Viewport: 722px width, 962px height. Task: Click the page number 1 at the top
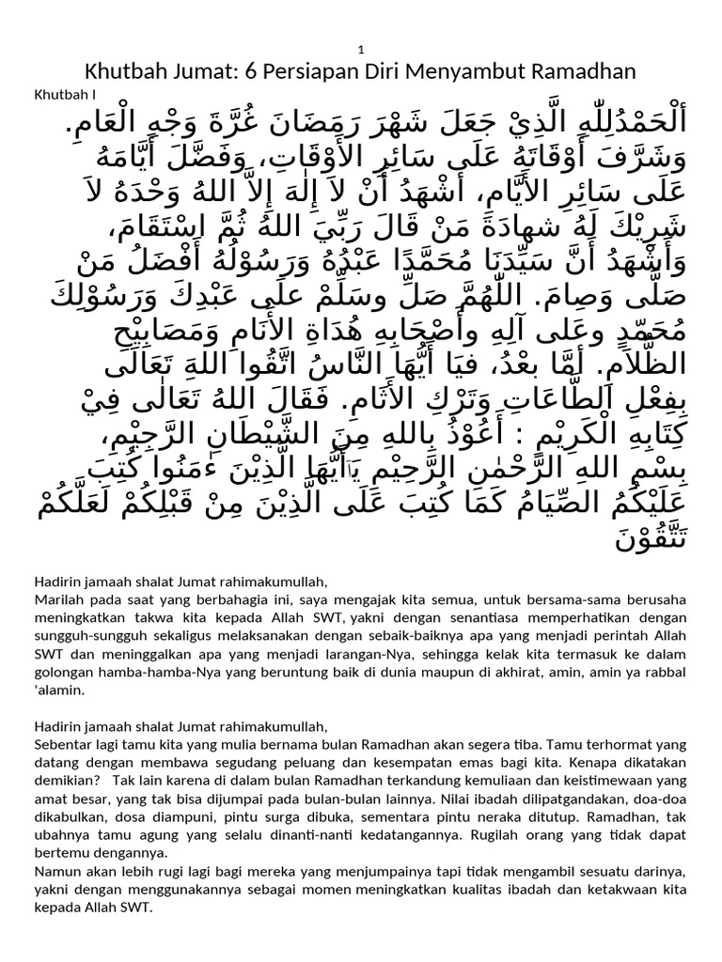pos(361,49)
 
